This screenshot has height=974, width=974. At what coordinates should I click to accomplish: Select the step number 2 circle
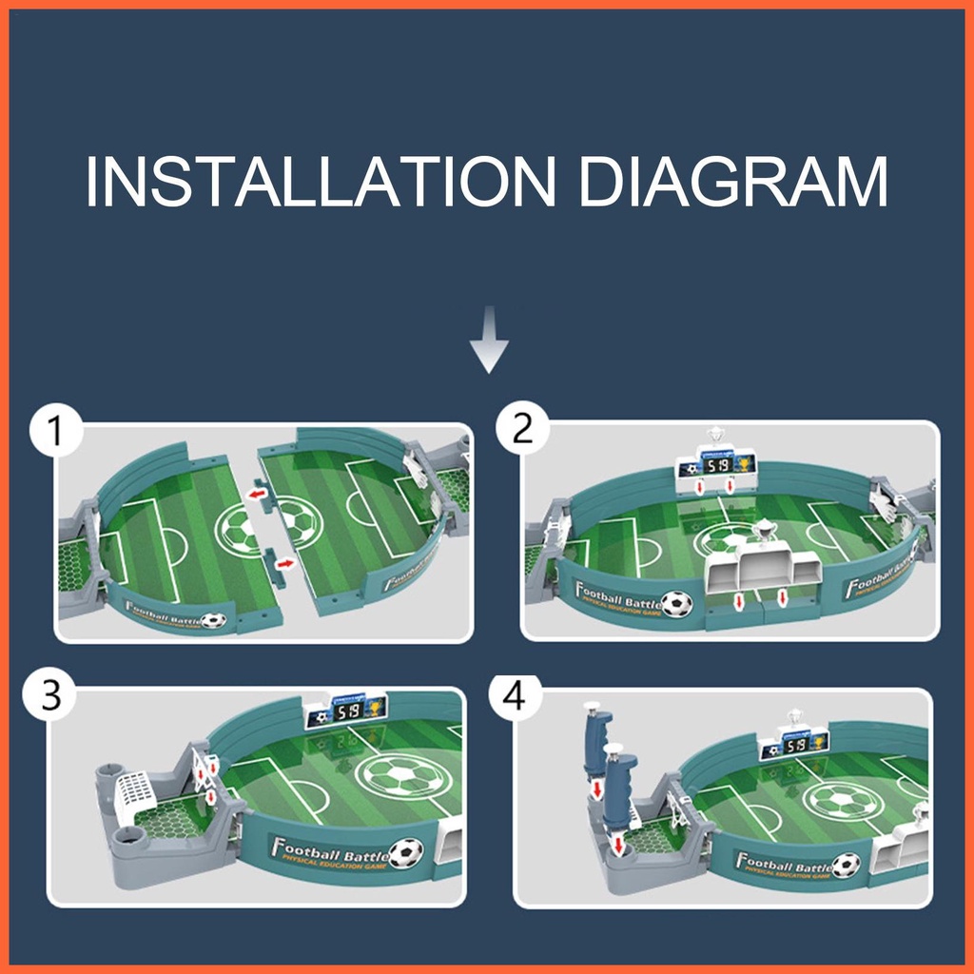tap(522, 429)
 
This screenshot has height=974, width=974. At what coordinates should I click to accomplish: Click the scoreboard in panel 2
tap(716, 465)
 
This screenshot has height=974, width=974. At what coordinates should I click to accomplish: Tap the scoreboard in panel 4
tap(795, 744)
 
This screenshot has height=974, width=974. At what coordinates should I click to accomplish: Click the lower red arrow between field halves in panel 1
tap(282, 563)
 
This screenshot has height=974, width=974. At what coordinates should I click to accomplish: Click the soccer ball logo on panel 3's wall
tap(406, 851)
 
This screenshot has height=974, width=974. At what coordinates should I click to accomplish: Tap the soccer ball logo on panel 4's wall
tap(845, 865)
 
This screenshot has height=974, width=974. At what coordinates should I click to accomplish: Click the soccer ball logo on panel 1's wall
tap(215, 620)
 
